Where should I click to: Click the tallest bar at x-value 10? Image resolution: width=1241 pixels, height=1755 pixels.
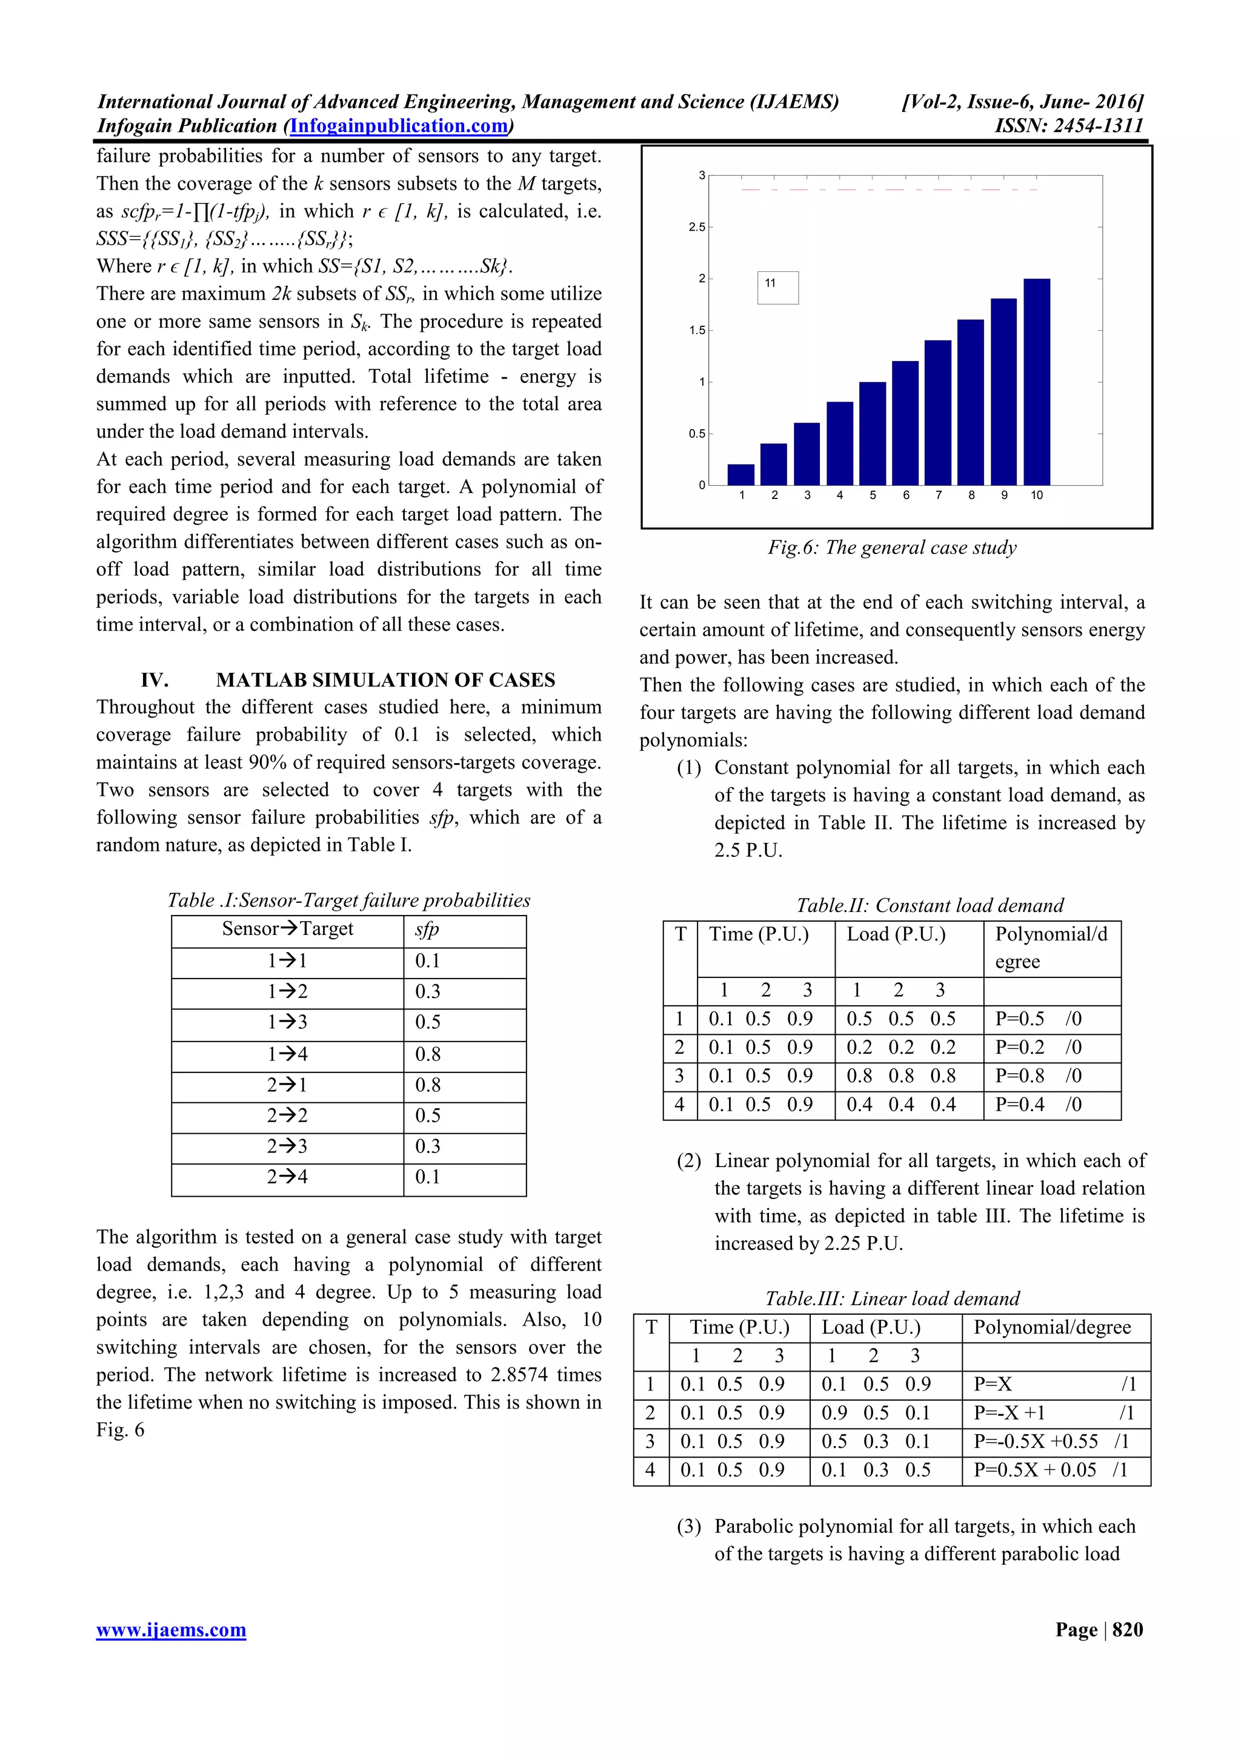1036,382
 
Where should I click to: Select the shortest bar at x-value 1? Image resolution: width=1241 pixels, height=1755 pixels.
741,475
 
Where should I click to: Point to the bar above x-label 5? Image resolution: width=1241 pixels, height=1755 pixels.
873,434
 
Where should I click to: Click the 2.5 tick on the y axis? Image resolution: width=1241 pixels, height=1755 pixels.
697,227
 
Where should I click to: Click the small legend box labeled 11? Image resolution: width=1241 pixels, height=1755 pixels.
777,288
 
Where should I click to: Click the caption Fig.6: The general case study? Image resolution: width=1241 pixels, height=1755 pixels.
893,547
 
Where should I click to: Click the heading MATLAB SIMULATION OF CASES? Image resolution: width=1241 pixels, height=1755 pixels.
385,679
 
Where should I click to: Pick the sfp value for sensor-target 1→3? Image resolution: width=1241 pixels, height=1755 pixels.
428,1022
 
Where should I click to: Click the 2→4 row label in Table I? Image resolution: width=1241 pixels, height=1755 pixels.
287,1177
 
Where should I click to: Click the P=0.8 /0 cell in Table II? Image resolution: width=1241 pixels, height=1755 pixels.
1037,1076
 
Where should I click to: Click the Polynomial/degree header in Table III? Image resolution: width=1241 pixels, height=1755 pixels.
1051,1327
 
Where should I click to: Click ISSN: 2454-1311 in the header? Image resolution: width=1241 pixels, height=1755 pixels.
1068,126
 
